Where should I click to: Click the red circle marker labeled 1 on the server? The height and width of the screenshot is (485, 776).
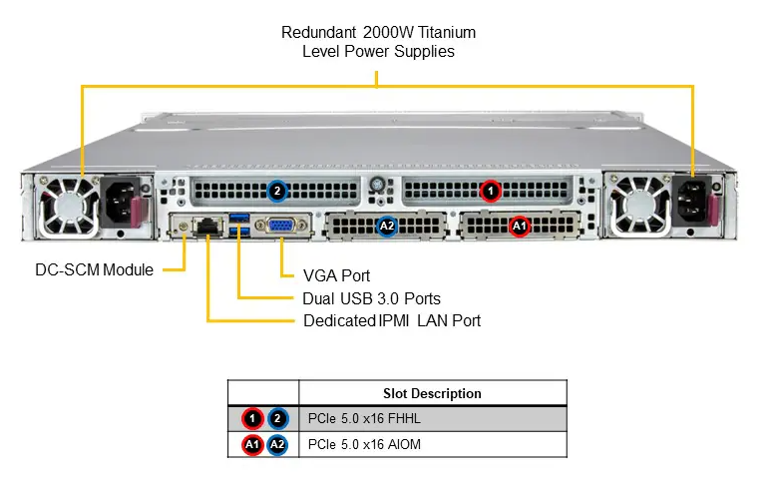pos(489,189)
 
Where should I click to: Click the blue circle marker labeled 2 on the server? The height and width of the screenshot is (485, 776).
pos(277,190)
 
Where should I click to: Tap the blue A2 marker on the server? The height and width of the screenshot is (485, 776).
pos(387,227)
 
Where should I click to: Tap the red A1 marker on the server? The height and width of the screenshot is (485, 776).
pos(519,227)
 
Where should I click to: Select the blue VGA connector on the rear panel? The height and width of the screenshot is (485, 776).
pos(280,227)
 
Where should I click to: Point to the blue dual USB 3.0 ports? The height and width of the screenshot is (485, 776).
pos(239,226)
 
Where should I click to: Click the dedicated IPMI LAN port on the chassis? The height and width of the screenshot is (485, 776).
pos(207,227)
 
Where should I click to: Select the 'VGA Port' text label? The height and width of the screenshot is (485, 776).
pos(320,275)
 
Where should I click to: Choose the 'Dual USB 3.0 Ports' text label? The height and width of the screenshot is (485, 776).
pos(371,298)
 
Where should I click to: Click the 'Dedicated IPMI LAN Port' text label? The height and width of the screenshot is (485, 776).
pos(392,320)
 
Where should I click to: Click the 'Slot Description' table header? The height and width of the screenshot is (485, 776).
pos(432,393)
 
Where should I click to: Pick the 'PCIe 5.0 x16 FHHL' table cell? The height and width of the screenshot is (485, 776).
pos(371,419)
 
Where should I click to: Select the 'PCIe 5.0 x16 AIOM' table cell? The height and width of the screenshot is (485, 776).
pos(371,445)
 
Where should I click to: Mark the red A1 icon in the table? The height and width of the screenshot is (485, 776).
pos(250,445)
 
